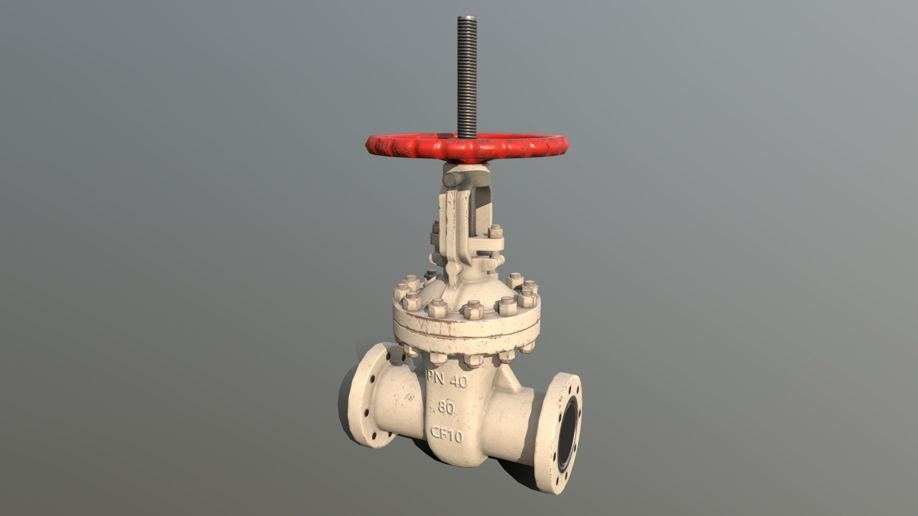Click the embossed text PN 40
(447, 380)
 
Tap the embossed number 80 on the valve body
(446, 408)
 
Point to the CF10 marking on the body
(447, 434)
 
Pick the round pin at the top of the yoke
(452, 179)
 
